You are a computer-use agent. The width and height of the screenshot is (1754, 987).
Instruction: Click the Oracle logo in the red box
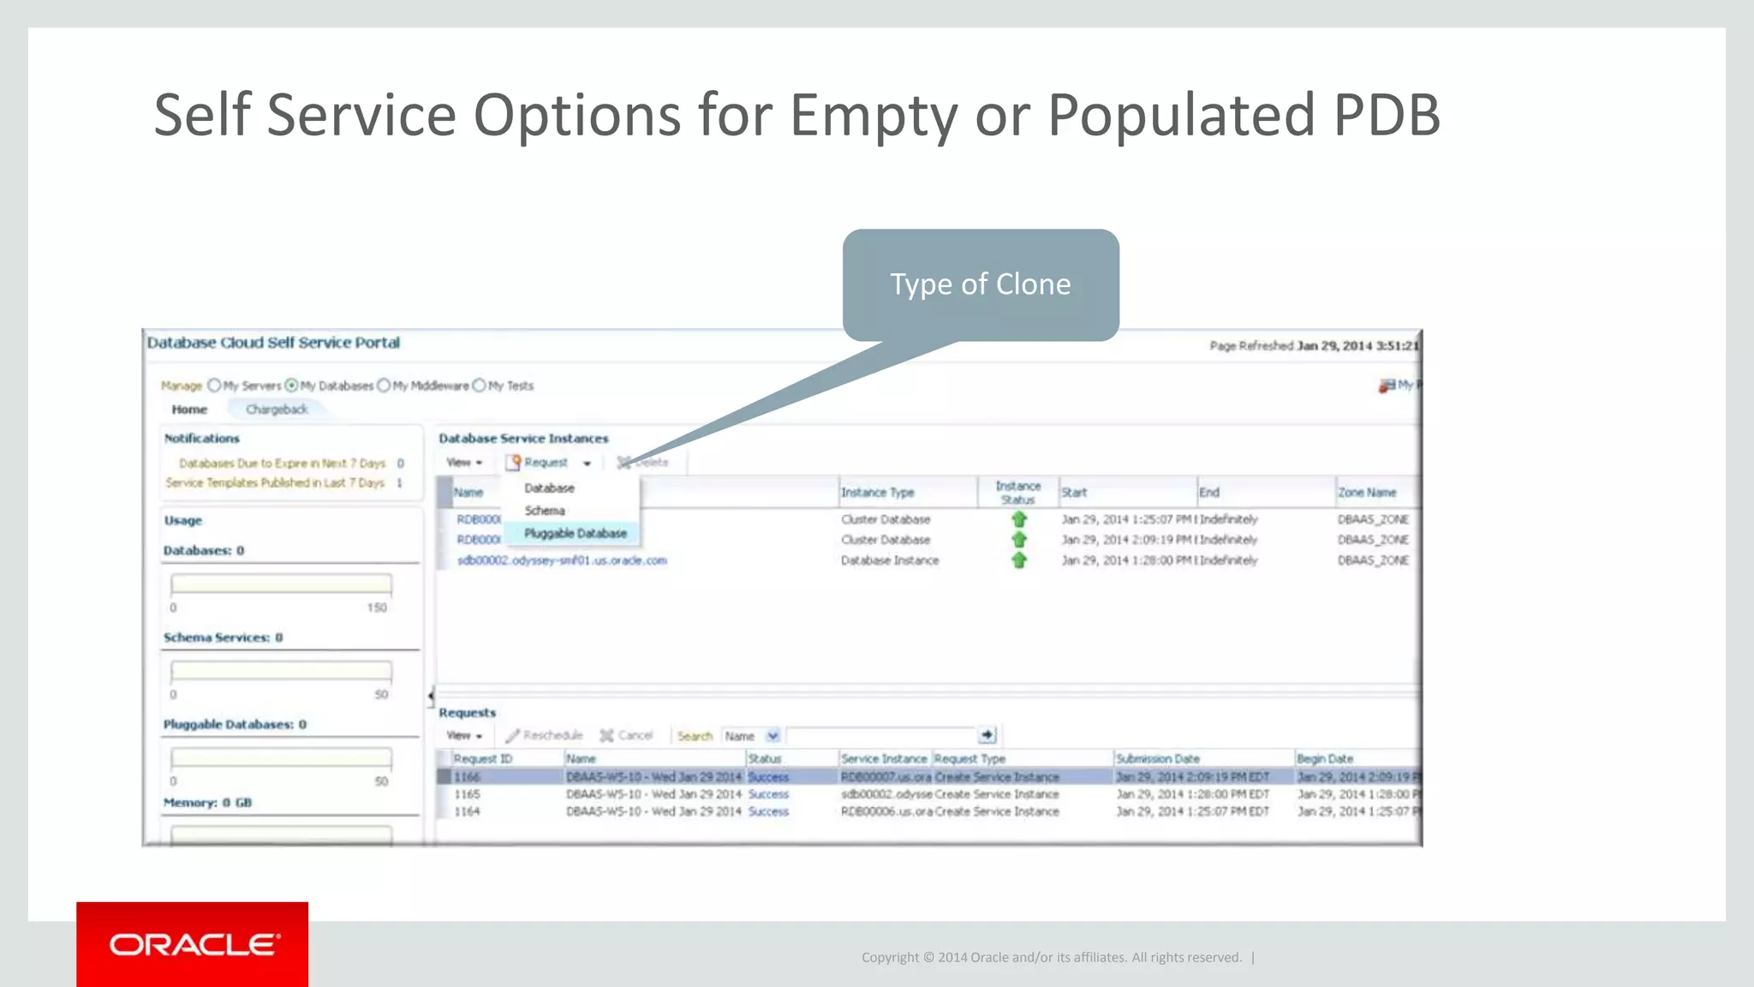tap(194, 944)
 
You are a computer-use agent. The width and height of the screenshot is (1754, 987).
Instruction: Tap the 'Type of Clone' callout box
tap(981, 284)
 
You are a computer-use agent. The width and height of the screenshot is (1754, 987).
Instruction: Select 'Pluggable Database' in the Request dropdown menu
tap(575, 533)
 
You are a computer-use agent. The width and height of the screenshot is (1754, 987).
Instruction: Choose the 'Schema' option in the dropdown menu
tap(545, 511)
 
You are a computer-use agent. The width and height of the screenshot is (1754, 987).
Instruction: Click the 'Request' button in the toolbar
tap(546, 463)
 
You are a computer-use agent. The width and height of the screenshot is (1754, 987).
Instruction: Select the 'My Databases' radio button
tap(292, 386)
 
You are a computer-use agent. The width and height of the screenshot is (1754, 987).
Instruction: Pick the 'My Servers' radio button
tap(214, 386)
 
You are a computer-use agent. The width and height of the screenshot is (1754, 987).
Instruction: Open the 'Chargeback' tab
tap(276, 410)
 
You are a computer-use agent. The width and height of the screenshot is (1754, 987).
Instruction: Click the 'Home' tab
tap(189, 410)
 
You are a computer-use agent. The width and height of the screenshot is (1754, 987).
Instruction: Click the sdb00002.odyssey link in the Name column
tap(561, 560)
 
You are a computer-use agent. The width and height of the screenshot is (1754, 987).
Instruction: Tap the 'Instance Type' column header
tap(877, 493)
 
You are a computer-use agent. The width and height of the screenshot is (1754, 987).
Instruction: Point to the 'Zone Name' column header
tap(1367, 493)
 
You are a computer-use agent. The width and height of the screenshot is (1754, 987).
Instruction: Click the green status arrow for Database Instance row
tap(1018, 560)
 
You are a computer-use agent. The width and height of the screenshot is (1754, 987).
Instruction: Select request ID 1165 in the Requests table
tap(467, 794)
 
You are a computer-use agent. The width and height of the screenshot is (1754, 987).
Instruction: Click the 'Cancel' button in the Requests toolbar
tap(627, 735)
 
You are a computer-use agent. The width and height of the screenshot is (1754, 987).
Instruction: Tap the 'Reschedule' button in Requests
tap(545, 735)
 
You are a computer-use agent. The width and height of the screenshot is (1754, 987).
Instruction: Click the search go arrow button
tap(987, 735)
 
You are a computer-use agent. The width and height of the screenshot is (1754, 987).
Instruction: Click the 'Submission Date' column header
tap(1157, 759)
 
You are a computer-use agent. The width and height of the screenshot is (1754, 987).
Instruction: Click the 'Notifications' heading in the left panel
tap(202, 438)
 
